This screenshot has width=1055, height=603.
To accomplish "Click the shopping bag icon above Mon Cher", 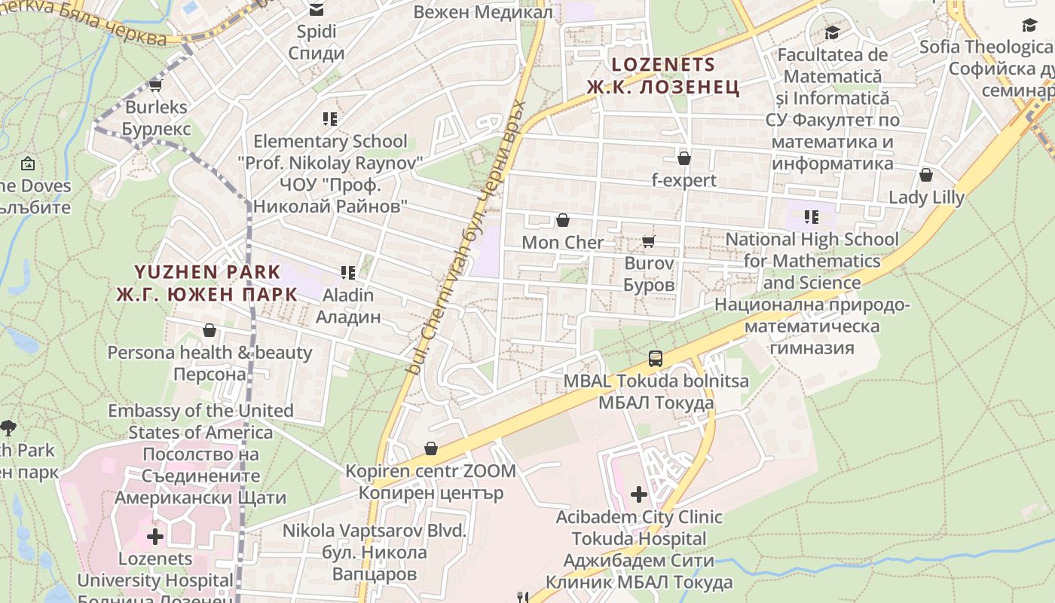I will (x=562, y=220).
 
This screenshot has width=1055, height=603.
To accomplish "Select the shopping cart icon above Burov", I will (x=648, y=241).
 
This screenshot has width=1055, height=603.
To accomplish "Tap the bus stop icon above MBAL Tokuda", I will (x=656, y=359).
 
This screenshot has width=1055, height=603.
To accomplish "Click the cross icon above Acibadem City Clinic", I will (x=639, y=494).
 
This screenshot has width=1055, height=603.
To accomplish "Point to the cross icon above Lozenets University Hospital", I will (x=155, y=537).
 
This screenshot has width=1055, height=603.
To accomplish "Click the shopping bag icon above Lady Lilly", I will (x=926, y=175).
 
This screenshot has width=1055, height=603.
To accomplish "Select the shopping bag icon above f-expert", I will (x=684, y=158).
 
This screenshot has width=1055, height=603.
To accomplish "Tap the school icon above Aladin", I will (x=347, y=272).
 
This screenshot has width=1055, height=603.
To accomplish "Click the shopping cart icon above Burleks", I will (x=156, y=84).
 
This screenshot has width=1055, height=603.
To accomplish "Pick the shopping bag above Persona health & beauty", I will (x=209, y=330).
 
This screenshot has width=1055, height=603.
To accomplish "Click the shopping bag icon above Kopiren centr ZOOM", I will (x=431, y=449).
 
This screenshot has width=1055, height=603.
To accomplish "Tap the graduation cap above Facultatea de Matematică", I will (x=832, y=32).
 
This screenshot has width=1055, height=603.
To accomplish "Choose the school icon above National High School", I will (x=812, y=217).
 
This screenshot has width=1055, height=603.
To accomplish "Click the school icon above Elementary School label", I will (x=329, y=118).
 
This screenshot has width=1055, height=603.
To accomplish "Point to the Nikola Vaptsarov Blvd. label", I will (x=375, y=552).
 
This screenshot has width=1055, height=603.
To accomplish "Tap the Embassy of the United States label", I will (x=200, y=421).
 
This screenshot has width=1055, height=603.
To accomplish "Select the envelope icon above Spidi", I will (x=316, y=10).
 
